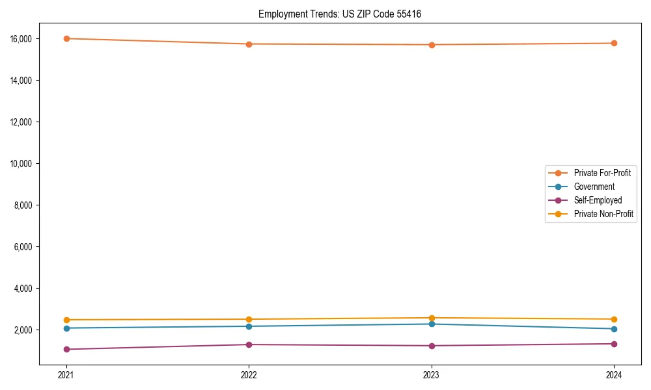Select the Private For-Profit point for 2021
(x=66, y=38)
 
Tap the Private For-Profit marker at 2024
(x=614, y=43)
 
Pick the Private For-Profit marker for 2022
(x=249, y=44)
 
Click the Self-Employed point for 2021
(x=66, y=349)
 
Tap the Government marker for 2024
(x=614, y=329)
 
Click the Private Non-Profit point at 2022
(x=249, y=319)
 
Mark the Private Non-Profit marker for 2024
(x=614, y=319)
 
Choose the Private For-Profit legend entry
(x=602, y=173)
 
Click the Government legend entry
(x=594, y=187)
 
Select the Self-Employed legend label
(x=598, y=200)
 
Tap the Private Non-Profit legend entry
(x=603, y=214)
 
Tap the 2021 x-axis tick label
(x=66, y=374)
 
